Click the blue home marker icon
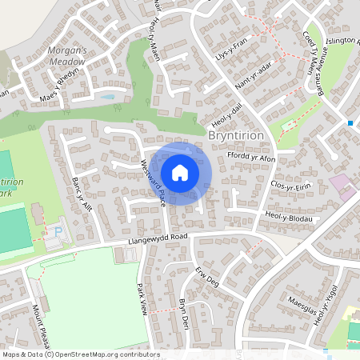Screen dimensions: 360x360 tap(180, 173)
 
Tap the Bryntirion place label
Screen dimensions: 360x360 tap(235, 137)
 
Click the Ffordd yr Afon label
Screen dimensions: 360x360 tap(251, 158)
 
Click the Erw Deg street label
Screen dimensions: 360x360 tap(206, 276)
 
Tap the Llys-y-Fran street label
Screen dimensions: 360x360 tap(231, 47)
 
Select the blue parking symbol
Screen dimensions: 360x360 tap(58, 234)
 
